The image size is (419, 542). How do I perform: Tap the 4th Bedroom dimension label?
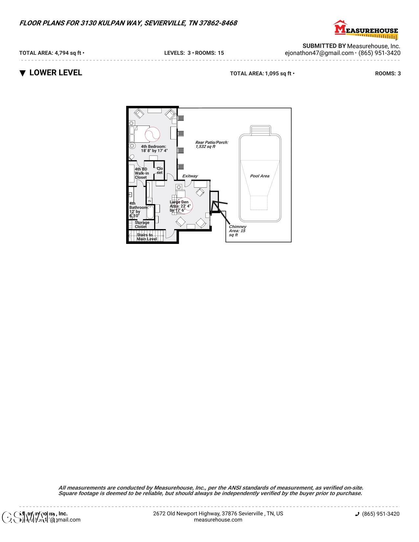pos(154,149)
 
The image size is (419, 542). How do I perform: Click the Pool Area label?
pos(260,176)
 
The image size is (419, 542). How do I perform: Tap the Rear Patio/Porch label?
pos(212,145)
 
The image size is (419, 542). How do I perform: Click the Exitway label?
pos(190,176)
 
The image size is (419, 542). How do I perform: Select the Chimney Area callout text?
pos(237,231)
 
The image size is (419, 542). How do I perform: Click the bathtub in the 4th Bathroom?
pos(150,212)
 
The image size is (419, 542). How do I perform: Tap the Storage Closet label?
pos(142,224)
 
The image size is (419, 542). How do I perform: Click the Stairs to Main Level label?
pos(147,237)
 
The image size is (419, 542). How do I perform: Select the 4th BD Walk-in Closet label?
pos(141,173)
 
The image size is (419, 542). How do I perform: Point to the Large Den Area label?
pos(180,206)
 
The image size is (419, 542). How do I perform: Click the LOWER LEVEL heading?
pos(56,73)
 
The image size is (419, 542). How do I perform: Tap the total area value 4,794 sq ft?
pos(68,53)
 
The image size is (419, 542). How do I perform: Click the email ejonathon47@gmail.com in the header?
pos(319,53)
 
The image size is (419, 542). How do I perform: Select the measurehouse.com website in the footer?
pos(218,520)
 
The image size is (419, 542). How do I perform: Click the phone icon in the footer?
pos(357,514)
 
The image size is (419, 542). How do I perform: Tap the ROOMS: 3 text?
pos(388,74)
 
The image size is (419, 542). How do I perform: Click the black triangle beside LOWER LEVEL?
pos(22,73)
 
